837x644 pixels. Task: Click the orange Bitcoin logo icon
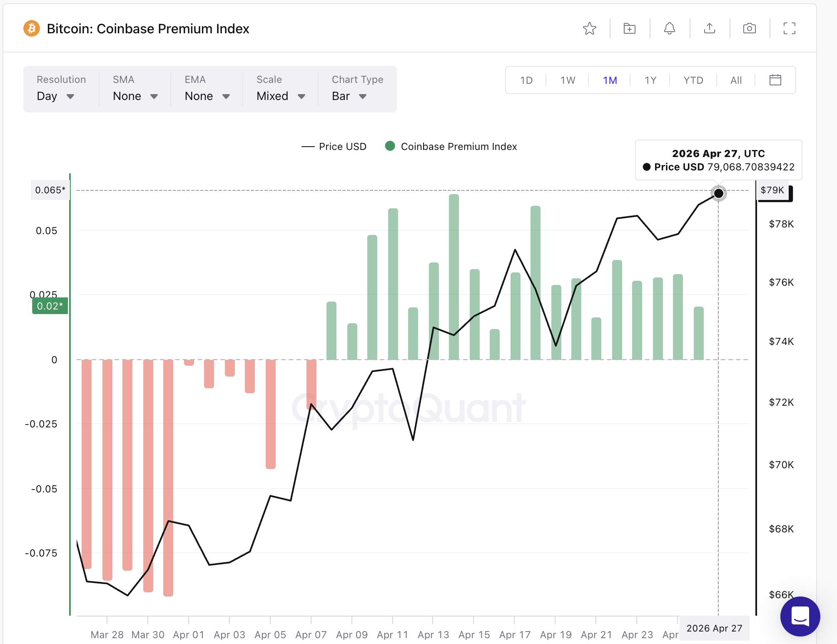(x=32, y=29)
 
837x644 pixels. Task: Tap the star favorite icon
(x=589, y=29)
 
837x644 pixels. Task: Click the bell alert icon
(x=669, y=29)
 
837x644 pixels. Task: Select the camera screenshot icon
(x=749, y=29)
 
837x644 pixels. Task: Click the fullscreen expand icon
(x=789, y=29)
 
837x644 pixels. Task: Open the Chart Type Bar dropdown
(x=349, y=96)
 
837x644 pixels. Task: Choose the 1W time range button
(x=568, y=80)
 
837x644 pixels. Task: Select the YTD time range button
(x=693, y=80)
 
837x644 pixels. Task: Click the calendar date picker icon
(x=775, y=80)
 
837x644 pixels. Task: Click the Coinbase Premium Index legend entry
(x=451, y=147)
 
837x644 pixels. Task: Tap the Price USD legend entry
(x=334, y=147)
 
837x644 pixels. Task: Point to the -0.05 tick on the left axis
(x=44, y=489)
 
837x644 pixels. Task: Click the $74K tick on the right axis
(x=781, y=342)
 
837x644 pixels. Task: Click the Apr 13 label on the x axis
(x=433, y=634)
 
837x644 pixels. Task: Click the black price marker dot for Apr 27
(x=718, y=193)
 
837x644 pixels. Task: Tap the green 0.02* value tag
(x=50, y=306)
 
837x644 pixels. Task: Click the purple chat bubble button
(x=800, y=616)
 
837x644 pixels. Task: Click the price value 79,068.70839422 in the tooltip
(x=751, y=167)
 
